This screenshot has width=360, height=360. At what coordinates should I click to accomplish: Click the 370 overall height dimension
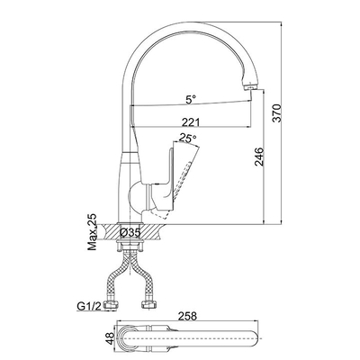(x=276, y=112)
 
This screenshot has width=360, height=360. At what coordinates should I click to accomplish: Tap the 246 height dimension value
(x=258, y=157)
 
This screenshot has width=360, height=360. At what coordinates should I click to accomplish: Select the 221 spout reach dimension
(x=191, y=122)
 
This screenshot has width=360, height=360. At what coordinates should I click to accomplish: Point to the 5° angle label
(x=191, y=99)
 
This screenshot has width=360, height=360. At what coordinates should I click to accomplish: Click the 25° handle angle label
(x=188, y=138)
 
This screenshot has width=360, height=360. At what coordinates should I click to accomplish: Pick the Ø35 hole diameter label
(x=130, y=232)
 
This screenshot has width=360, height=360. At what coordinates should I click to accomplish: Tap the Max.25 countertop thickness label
(x=93, y=232)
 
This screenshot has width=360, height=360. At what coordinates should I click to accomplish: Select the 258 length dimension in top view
(x=188, y=316)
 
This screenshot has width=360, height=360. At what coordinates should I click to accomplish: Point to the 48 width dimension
(x=111, y=338)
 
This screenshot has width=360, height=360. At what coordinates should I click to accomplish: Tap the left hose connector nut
(x=110, y=305)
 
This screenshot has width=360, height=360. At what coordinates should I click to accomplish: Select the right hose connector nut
(x=148, y=305)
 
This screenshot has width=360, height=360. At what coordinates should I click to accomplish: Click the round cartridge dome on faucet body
(x=137, y=196)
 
